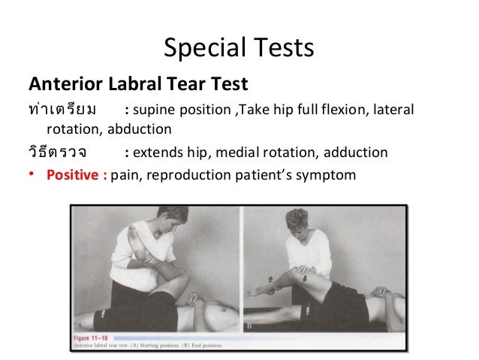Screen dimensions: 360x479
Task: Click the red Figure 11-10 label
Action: click(98, 339)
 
